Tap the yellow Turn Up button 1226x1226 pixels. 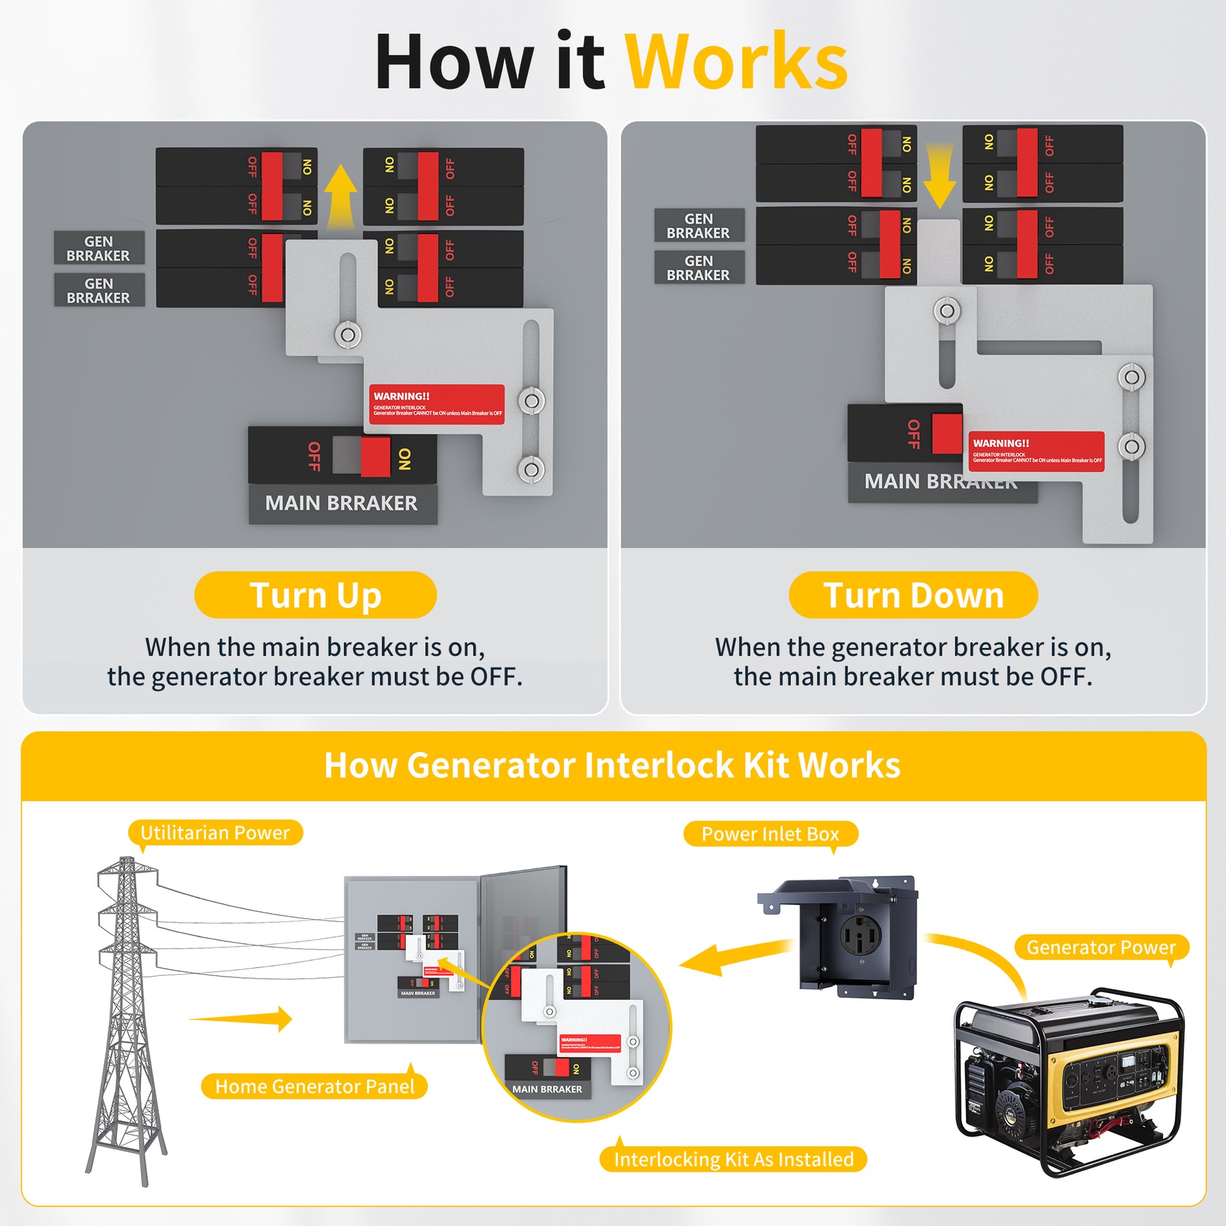[315, 595]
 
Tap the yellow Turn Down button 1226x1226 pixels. [913, 595]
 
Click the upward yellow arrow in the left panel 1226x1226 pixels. [341, 198]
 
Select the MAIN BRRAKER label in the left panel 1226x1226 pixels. [342, 503]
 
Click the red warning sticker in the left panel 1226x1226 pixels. [437, 405]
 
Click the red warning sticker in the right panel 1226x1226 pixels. [1036, 451]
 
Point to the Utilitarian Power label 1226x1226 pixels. [215, 832]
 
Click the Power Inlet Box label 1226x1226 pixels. [770, 834]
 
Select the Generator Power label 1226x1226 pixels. [1101, 947]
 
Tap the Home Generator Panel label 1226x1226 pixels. [314, 1086]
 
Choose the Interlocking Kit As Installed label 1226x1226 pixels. [733, 1159]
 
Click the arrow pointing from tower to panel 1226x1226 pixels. [245, 1018]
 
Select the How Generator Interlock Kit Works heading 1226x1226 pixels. [612, 765]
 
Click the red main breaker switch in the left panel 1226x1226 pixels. [375, 456]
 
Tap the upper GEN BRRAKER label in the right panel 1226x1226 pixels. [698, 225]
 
